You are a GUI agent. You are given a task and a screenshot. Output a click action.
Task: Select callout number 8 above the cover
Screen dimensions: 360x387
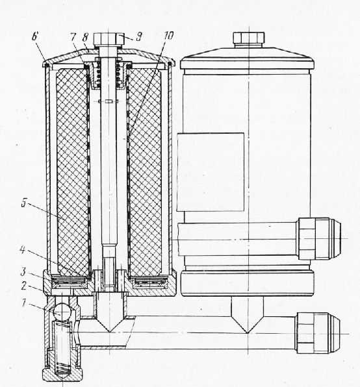tap(85, 38)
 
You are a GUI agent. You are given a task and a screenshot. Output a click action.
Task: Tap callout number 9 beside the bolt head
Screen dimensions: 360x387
tap(139, 37)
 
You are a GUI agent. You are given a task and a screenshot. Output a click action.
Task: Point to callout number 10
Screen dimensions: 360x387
tap(169, 36)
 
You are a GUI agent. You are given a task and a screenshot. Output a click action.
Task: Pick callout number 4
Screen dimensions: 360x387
tap(23, 250)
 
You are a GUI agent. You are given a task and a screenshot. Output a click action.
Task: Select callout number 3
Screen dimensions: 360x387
tap(23, 271)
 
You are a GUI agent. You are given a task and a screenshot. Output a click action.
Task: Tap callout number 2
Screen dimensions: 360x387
tap(23, 286)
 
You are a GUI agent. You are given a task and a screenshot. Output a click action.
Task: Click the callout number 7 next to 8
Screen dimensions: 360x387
tap(73, 37)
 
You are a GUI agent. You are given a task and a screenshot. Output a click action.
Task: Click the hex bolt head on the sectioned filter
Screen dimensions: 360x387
tap(109, 39)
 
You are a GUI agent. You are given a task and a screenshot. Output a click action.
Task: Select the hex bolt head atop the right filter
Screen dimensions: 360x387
tap(249, 38)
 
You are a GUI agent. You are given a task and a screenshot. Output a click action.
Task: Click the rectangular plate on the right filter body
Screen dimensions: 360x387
tap(211, 172)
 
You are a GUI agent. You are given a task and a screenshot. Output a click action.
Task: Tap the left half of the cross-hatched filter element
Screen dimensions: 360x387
tap(72, 171)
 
